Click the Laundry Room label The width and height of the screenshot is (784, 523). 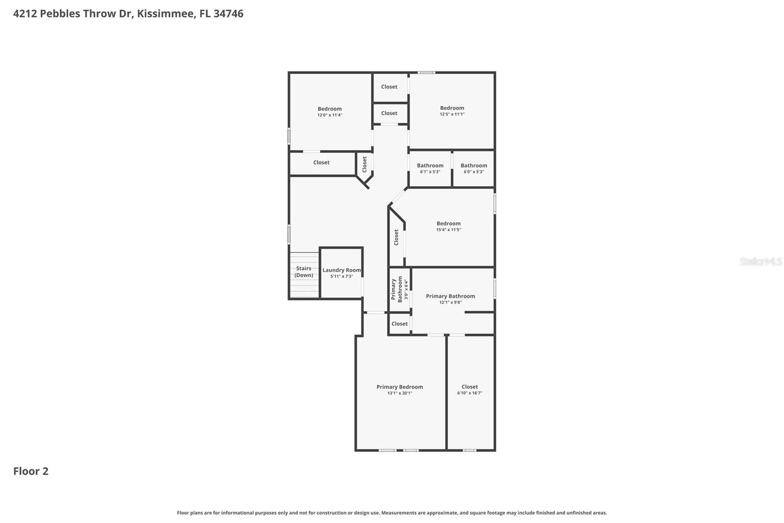[x=342, y=270]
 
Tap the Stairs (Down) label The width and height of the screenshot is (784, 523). [x=304, y=272]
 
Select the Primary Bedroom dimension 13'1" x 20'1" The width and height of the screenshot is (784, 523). [x=400, y=393]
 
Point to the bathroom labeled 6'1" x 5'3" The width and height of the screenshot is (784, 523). [x=430, y=168]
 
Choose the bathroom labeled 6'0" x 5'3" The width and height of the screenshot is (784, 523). [x=474, y=168]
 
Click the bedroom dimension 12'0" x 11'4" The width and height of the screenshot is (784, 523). [x=329, y=115]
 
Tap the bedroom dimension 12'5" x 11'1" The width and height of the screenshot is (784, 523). [x=452, y=114]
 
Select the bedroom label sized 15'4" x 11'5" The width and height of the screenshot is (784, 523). [x=448, y=224]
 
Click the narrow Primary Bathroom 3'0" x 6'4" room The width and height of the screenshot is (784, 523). [x=399, y=289]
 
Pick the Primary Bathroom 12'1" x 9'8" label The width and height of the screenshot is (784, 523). [x=450, y=296]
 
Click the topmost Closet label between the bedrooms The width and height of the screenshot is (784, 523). [x=389, y=87]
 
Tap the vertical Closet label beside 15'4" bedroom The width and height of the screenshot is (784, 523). [x=396, y=237]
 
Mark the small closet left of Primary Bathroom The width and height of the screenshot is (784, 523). [x=399, y=324]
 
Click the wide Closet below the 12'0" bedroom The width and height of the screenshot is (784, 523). [x=321, y=162]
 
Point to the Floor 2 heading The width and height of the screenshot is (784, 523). [x=31, y=471]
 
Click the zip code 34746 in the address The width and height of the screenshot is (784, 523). [x=228, y=13]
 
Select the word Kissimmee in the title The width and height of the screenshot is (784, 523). [x=165, y=13]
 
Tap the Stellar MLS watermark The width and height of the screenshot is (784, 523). [x=760, y=261]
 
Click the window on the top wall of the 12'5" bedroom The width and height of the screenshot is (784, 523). [x=426, y=73]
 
